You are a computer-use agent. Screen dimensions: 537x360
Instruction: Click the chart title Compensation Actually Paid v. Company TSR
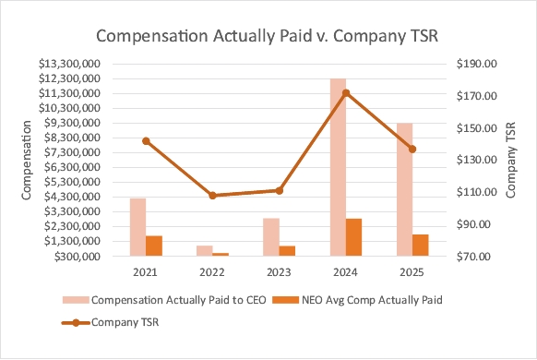[268, 36]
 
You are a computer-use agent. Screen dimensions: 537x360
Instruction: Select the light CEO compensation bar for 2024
[338, 167]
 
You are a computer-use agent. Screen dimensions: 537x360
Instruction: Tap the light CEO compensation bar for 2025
[404, 189]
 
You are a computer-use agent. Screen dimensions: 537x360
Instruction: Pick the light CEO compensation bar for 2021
[138, 227]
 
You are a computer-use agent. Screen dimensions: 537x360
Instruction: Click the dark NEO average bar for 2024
[353, 237]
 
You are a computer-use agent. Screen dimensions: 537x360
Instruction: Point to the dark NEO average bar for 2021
[154, 246]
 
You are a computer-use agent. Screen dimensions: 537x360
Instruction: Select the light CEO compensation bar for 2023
[271, 237]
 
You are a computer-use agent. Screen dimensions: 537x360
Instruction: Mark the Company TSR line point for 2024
[346, 93]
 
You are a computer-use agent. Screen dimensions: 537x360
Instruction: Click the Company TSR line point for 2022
[212, 196]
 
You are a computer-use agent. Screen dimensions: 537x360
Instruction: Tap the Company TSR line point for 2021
[146, 141]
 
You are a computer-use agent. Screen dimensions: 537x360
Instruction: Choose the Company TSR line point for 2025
[412, 150]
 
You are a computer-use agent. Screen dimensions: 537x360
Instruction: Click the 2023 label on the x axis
[279, 272]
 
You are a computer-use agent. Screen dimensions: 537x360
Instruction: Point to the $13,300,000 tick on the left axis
[69, 64]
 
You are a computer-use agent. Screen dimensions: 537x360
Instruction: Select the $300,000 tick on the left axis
[78, 257]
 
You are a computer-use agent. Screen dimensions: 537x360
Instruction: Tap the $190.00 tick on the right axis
[477, 64]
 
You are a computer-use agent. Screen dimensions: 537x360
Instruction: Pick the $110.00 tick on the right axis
[477, 192]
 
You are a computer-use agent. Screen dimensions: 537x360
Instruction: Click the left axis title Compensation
[27, 160]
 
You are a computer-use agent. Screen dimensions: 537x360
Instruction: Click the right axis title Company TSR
[510, 160]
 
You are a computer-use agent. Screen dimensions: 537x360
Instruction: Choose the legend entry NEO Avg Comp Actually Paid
[357, 300]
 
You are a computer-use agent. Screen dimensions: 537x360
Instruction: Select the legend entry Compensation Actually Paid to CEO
[164, 300]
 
